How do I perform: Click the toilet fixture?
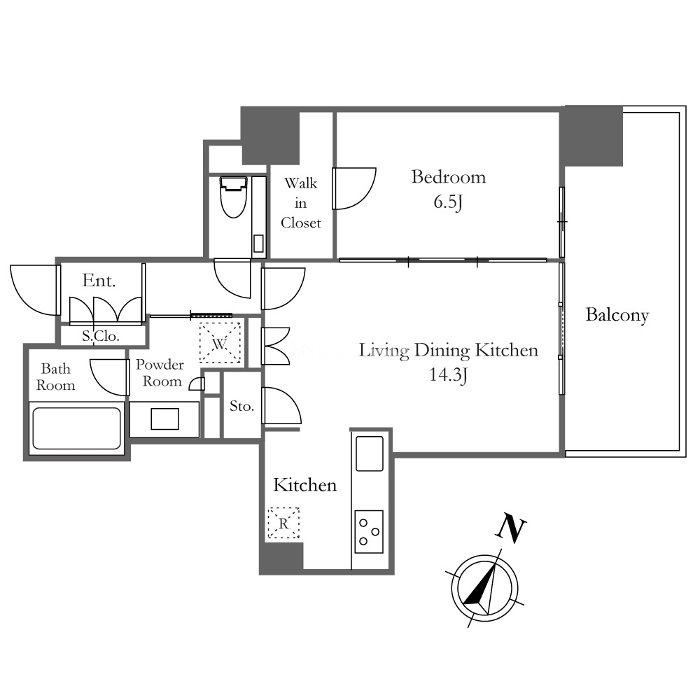click(234, 197)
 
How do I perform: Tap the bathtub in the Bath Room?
click(77, 428)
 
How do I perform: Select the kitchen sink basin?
click(369, 453)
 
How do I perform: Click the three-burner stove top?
click(369, 532)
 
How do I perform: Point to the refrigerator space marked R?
click(283, 523)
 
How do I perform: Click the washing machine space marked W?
click(220, 343)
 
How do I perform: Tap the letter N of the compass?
click(512, 528)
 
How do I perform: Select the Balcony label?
click(617, 315)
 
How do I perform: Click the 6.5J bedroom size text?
click(448, 202)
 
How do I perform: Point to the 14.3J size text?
click(448, 374)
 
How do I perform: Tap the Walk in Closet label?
click(301, 203)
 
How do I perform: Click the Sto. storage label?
click(241, 406)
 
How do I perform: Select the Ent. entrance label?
click(99, 281)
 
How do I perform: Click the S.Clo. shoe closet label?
click(100, 336)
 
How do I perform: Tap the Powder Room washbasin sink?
click(164, 419)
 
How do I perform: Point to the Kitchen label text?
click(305, 485)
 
